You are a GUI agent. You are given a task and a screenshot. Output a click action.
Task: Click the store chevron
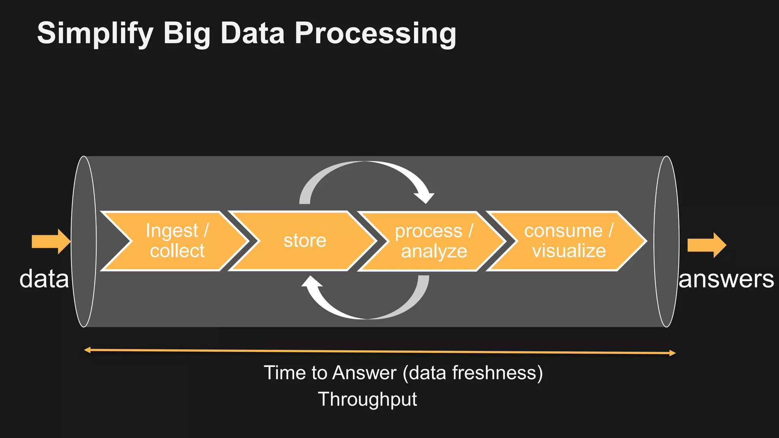point(305,241)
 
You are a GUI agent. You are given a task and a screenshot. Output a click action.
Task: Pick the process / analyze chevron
point(434,241)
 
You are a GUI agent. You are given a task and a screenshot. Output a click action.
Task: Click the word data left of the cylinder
point(44,279)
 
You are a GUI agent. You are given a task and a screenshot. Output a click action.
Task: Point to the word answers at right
point(726,279)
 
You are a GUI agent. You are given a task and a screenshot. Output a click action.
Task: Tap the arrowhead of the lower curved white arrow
point(312,282)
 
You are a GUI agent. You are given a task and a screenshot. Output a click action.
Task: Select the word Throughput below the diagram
point(367,399)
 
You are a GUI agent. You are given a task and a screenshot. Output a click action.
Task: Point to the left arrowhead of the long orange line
point(87,350)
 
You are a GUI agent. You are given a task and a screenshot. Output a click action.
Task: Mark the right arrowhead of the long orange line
point(672,353)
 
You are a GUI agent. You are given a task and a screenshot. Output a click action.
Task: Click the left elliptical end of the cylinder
point(84,241)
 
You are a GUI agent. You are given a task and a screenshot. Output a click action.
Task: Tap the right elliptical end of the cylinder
point(666,241)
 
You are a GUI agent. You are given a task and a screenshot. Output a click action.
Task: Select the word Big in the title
point(186,33)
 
